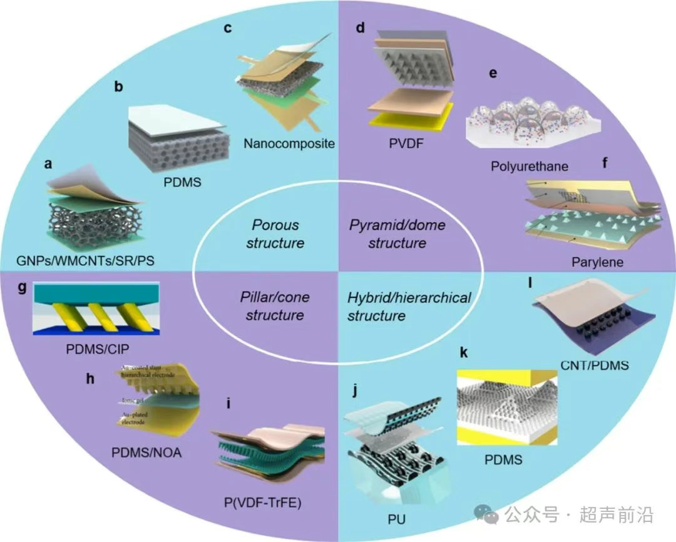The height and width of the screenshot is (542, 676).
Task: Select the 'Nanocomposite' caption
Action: pos(289,143)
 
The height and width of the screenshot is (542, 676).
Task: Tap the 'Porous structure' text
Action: pos(275,233)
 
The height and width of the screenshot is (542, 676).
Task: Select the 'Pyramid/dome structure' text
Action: pos(396,233)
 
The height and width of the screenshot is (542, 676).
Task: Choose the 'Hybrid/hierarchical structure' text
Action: pos(409,306)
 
